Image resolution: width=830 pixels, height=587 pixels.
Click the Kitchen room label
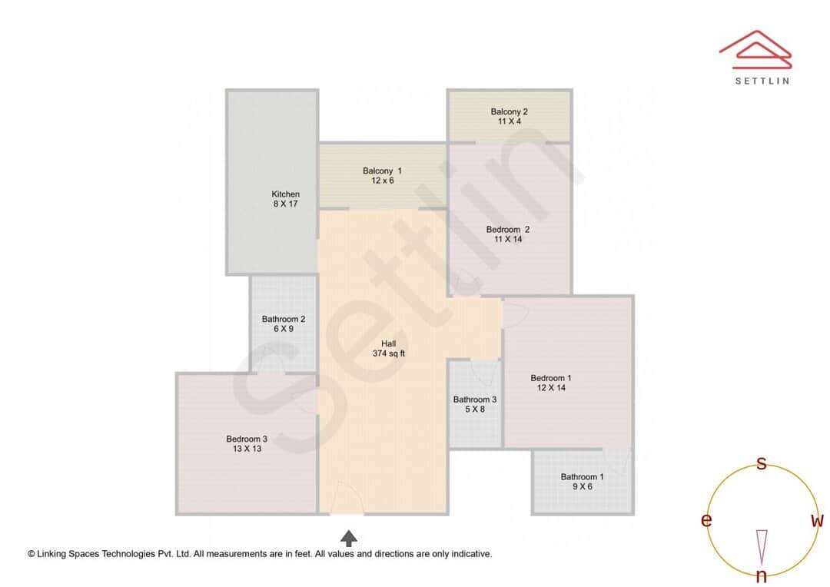285,194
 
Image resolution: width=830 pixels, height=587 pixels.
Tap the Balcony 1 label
382,171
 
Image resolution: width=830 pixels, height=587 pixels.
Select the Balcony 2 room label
509,111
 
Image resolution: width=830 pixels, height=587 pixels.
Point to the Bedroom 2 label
507,229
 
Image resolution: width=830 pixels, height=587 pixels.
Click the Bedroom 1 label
551,378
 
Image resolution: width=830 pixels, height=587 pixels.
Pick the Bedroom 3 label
247,439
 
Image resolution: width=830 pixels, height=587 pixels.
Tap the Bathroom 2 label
284,319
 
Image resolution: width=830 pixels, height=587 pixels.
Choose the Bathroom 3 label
474,400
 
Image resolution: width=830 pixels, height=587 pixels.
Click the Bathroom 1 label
582,476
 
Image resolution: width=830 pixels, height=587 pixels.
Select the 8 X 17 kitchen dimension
285,204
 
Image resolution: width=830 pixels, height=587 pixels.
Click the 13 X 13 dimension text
247,449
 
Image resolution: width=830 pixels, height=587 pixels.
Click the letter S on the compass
762,463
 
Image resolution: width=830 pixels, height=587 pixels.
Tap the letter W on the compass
817,521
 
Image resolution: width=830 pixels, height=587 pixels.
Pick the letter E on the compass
705,521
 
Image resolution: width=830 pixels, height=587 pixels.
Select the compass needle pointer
762,546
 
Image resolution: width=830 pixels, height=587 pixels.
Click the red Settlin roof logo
755,47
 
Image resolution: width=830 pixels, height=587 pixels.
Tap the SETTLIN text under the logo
762,81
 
